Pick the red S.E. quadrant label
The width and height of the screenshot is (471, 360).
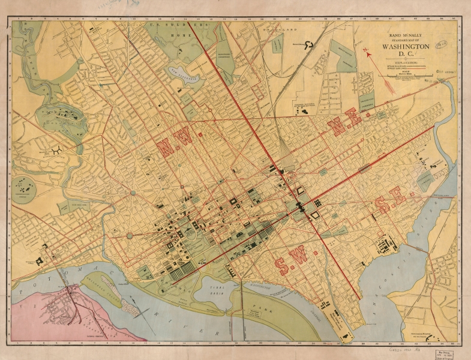tap(391, 205)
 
